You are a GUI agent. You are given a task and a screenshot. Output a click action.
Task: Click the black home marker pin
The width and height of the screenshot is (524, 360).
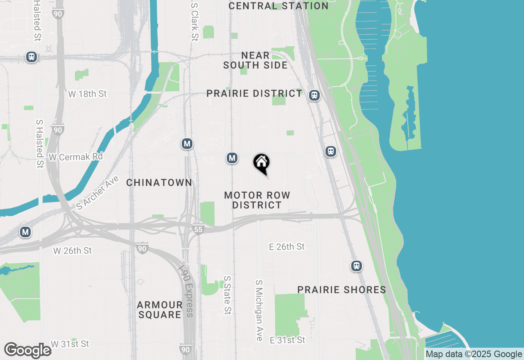(261, 163)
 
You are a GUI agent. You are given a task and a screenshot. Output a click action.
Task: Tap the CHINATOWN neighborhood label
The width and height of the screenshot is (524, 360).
(159, 182)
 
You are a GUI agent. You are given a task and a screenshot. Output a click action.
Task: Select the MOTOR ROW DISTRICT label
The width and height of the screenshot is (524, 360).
(257, 200)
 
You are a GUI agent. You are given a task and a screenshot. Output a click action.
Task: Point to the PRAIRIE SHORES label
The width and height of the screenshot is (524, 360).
(341, 290)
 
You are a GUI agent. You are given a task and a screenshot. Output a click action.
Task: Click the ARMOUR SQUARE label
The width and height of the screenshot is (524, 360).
(159, 310)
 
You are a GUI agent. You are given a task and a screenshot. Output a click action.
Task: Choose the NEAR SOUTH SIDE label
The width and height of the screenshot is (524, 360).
(255, 60)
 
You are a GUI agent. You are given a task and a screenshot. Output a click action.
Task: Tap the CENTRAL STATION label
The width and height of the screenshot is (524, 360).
(278, 6)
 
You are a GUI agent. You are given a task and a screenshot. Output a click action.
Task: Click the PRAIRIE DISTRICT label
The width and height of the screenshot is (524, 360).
(254, 93)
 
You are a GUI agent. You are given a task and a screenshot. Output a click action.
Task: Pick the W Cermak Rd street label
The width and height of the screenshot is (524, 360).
(76, 157)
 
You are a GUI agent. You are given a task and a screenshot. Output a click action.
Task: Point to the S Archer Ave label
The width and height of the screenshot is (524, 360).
(97, 193)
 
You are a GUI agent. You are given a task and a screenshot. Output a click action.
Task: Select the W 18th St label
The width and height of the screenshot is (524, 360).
(87, 94)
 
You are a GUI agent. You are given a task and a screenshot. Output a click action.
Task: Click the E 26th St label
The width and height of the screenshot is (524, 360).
(287, 247)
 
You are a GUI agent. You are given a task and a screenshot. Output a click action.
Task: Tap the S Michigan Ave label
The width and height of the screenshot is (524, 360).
(259, 310)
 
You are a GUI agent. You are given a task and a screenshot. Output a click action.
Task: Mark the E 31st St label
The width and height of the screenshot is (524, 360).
(287, 340)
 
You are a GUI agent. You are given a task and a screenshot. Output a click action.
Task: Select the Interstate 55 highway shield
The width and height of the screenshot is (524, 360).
(198, 229)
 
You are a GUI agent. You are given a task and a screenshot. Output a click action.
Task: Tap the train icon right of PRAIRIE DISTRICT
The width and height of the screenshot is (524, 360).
(314, 95)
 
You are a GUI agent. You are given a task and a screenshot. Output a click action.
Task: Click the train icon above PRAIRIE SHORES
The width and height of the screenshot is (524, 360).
(357, 266)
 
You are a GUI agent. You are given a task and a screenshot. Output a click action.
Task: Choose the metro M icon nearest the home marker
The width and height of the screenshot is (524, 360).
(232, 158)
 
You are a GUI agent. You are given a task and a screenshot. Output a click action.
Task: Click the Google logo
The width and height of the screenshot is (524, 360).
(28, 351)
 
